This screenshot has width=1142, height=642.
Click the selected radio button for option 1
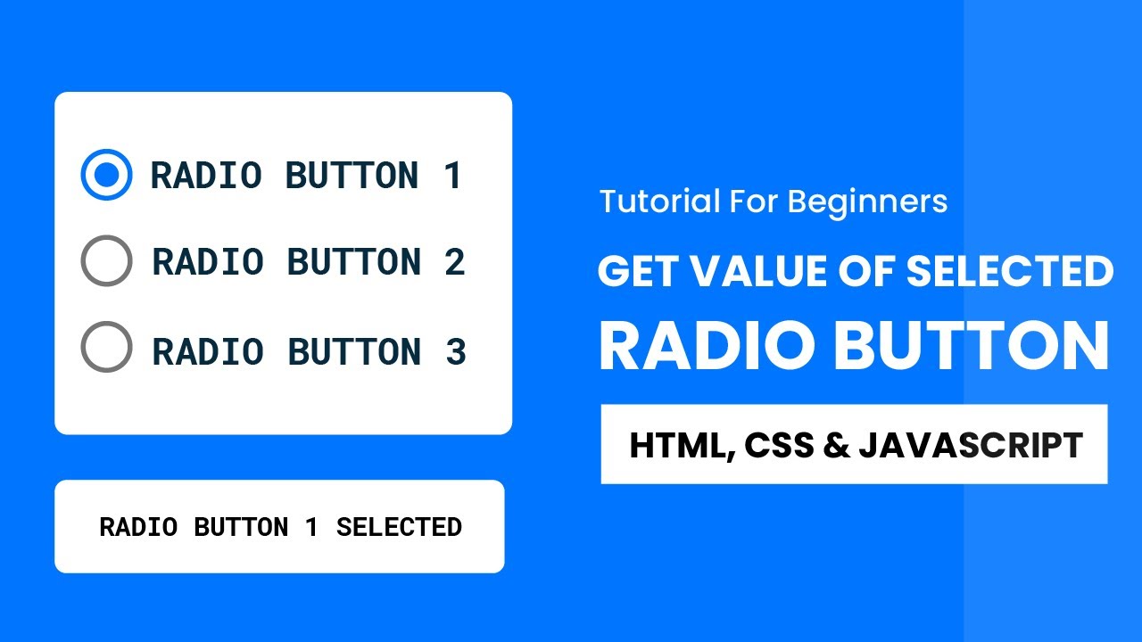tap(106, 175)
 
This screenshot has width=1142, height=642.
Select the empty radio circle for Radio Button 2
tap(106, 261)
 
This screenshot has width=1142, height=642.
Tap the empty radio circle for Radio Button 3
tap(106, 347)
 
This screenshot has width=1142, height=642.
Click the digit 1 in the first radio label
tap(452, 176)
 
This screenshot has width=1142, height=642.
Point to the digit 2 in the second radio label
tap(454, 262)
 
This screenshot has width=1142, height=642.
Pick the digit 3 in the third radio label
tap(455, 351)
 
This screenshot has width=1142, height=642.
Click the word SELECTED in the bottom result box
tap(399, 527)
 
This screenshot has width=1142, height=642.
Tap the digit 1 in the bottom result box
tap(311, 527)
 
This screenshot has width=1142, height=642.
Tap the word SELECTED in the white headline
tap(1010, 272)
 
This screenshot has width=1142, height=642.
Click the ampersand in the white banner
tap(836, 445)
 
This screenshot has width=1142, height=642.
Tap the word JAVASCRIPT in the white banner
tap(971, 445)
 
